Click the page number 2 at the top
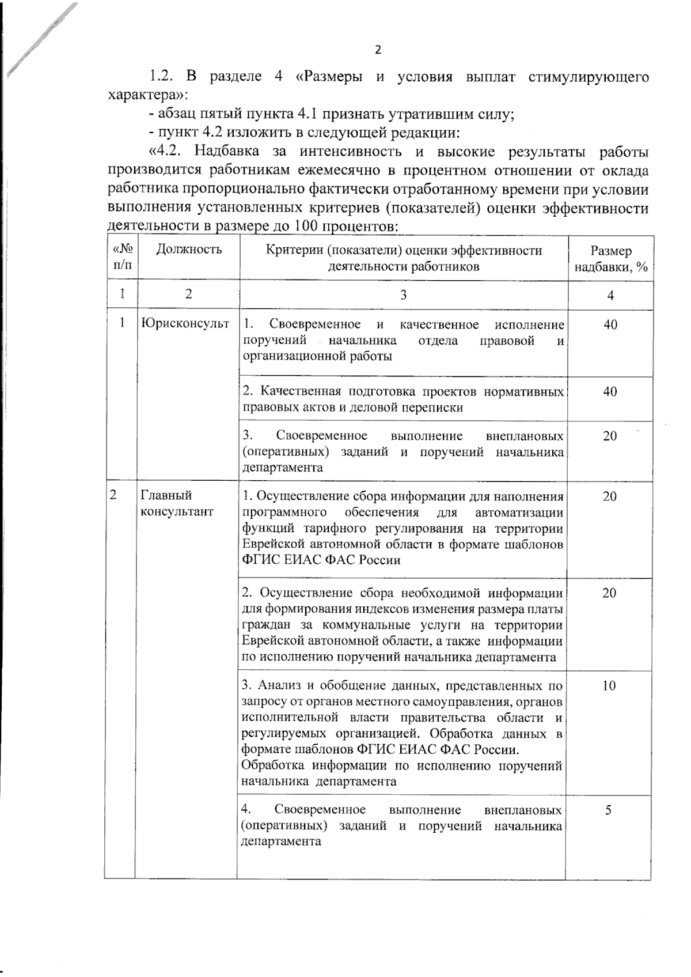coord(378,50)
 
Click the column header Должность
coord(189,250)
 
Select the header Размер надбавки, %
coord(610,259)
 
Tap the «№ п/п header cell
coord(123,257)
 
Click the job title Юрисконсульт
coord(185,324)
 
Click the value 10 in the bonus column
coord(609,685)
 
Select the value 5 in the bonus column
coord(609,810)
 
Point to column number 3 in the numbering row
coord(403,295)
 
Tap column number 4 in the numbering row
coord(610,295)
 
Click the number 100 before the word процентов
coord(306,226)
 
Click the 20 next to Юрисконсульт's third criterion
coord(610,436)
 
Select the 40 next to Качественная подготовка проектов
coord(610,392)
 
